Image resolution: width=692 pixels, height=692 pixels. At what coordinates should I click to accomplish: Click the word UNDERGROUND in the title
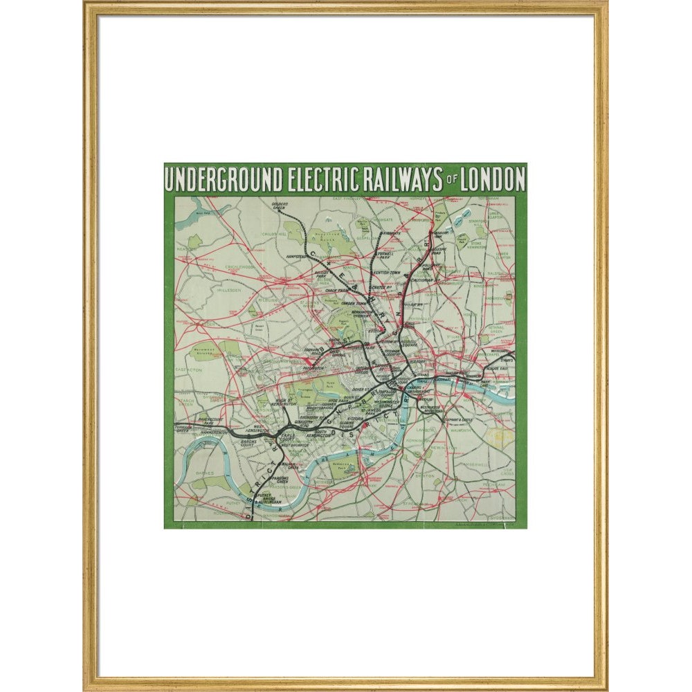click(x=223, y=180)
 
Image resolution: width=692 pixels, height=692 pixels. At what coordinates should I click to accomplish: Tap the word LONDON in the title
click(x=493, y=180)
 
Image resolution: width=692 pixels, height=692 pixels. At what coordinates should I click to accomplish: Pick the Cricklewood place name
click(x=239, y=266)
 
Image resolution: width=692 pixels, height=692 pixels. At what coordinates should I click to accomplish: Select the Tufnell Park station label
click(x=376, y=257)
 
